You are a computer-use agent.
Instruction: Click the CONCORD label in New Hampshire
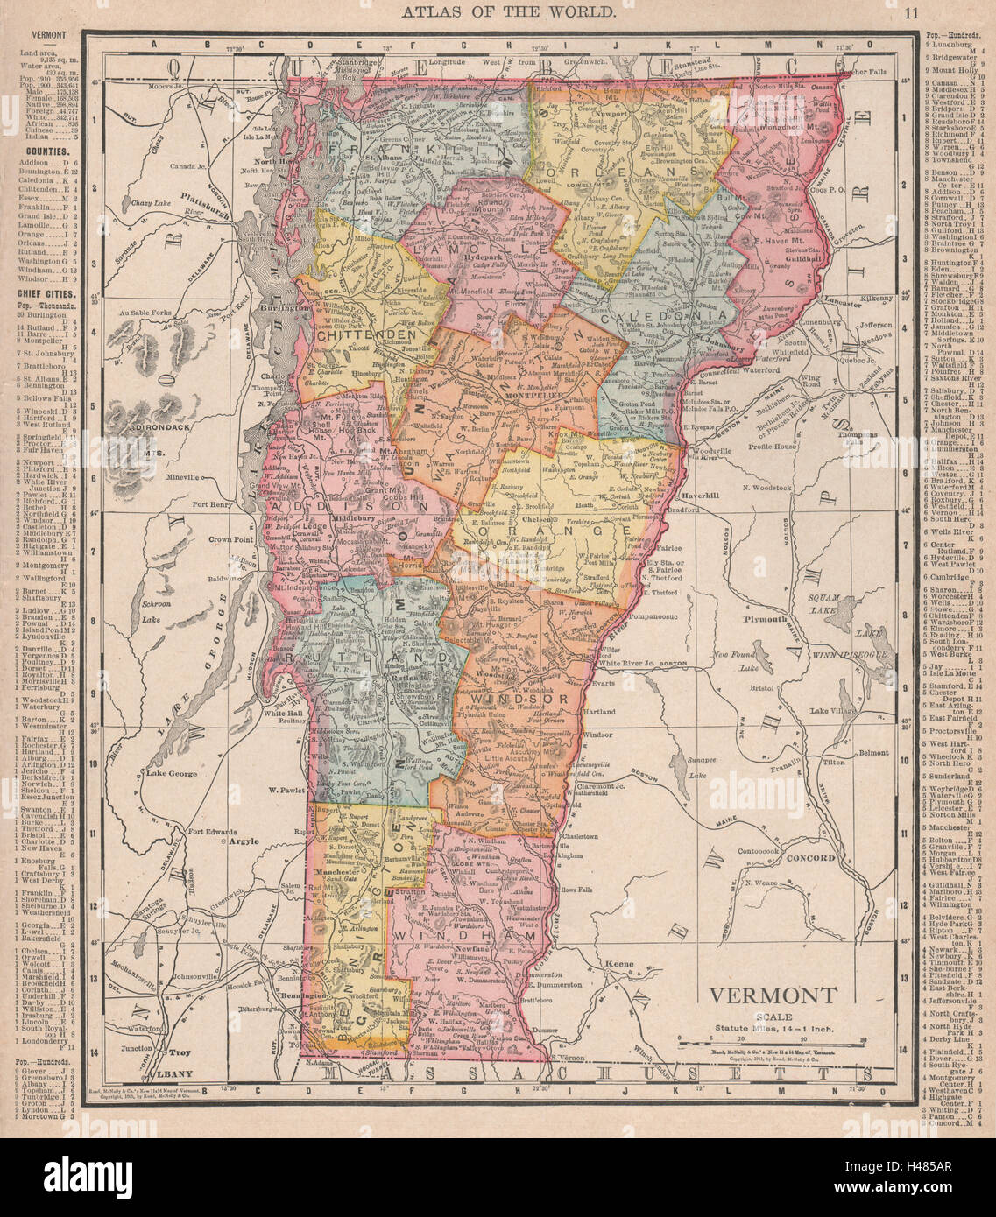(x=810, y=858)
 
